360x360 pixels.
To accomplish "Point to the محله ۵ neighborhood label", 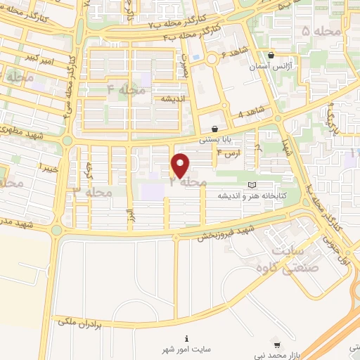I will (x=315, y=32).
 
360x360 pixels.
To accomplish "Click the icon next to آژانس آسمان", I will (x=271, y=56).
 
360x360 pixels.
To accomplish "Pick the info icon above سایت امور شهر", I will (x=186, y=337).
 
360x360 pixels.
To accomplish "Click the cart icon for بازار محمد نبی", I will (x=277, y=345).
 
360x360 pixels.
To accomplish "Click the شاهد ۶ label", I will (x=233, y=53).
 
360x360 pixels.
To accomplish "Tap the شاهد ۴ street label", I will (x=251, y=112).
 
